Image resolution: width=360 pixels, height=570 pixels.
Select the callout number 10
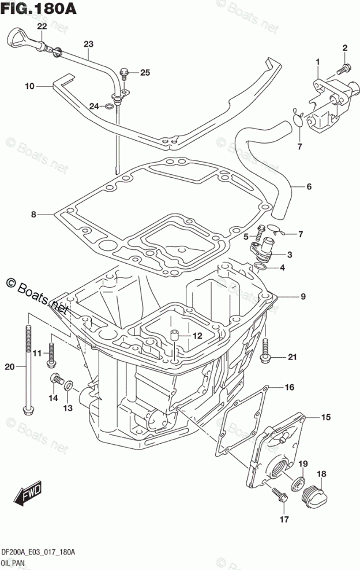click(29, 86)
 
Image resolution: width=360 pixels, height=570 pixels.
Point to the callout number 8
click(34, 215)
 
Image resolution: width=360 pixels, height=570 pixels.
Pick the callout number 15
click(326, 417)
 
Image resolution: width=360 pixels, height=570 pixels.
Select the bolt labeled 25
click(124, 73)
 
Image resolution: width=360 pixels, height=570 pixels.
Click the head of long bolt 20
click(28, 410)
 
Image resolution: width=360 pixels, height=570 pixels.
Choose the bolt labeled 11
click(51, 353)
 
